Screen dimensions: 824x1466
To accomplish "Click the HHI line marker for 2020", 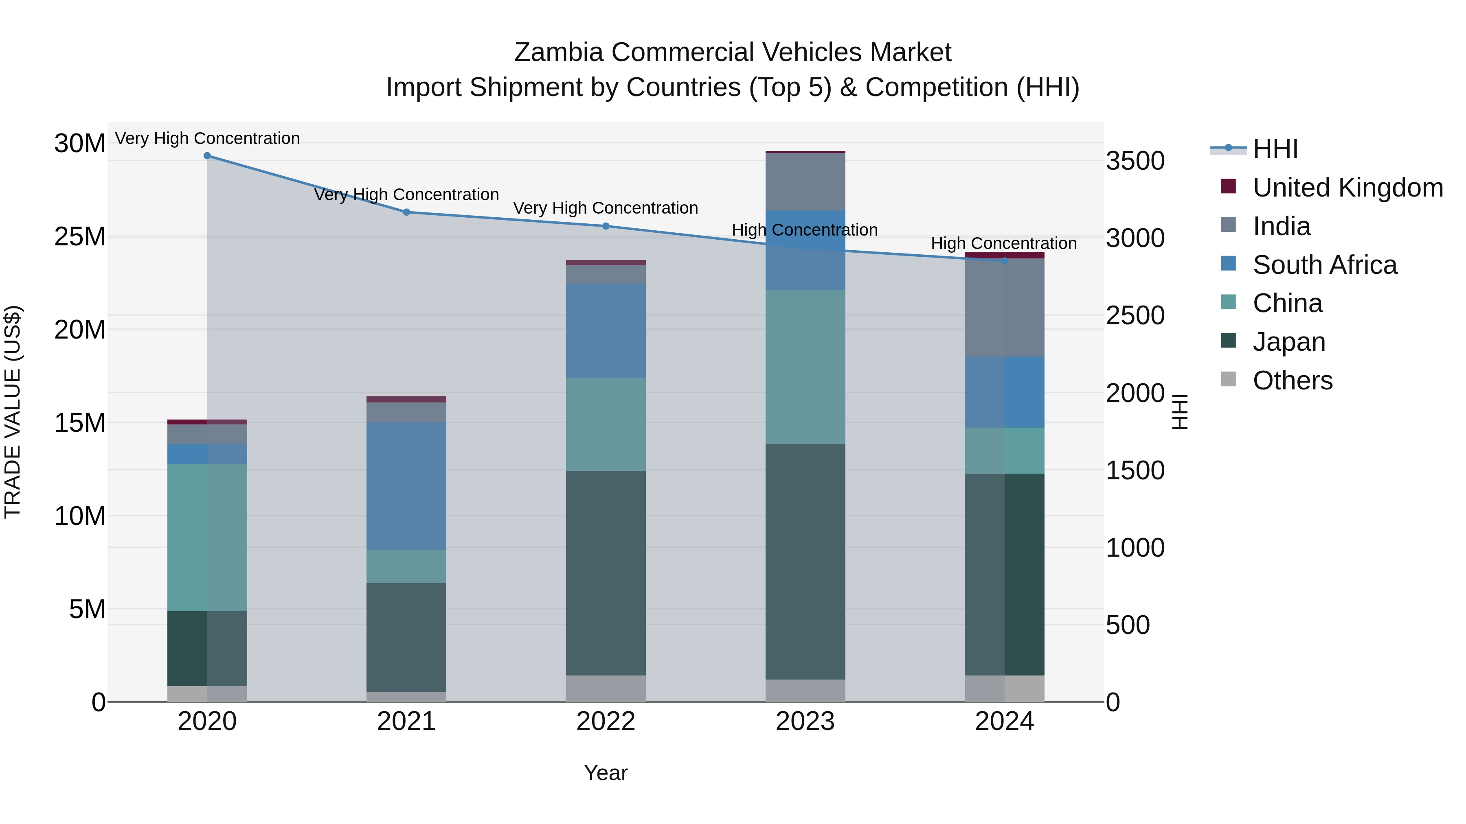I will tap(207, 156).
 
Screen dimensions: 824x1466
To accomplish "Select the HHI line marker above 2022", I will tap(606, 226).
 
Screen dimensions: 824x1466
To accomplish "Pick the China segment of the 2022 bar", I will tap(606, 424).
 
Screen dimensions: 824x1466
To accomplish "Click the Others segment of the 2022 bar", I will tap(606, 688).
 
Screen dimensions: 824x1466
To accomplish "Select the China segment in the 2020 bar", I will tap(207, 538).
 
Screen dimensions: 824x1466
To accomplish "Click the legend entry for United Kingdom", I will tap(1347, 188).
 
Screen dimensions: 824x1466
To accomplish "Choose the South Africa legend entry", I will tap(1324, 265).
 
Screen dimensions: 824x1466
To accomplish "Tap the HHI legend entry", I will tap(1275, 149).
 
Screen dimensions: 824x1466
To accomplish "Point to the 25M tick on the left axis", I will tap(80, 236).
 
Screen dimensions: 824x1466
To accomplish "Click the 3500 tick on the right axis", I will tap(1135, 161).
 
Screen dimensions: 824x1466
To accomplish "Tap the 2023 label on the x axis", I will tap(805, 721).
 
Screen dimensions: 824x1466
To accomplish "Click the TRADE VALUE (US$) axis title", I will tap(13, 412).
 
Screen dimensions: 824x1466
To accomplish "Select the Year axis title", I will tap(606, 773).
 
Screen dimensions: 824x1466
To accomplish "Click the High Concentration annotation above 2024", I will tap(1004, 243).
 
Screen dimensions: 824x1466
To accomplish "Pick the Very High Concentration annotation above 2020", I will tap(207, 138).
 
